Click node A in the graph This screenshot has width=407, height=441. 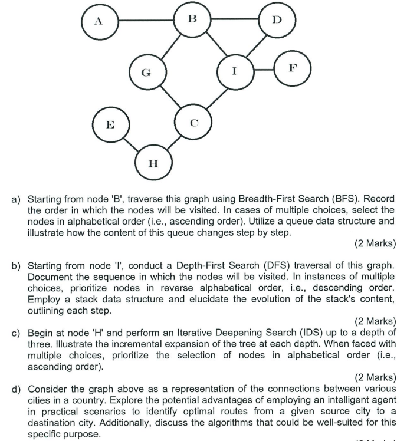tap(99, 21)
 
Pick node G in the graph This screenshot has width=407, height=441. tap(146, 74)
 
